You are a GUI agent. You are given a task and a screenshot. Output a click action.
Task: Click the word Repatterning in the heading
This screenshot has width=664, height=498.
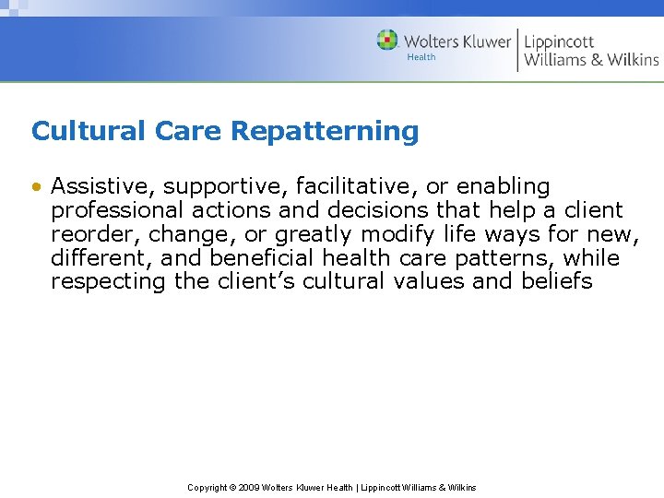click(325, 132)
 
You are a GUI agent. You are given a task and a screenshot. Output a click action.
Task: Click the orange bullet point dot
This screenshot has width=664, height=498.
click(36, 187)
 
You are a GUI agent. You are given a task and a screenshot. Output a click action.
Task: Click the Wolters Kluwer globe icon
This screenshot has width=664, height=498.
click(387, 41)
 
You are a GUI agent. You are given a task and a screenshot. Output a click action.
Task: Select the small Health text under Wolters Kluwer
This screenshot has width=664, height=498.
click(421, 58)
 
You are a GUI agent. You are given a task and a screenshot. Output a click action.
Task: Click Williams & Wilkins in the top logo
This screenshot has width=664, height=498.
click(591, 60)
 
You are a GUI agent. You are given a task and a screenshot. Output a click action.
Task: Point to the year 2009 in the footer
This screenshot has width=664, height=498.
click(249, 488)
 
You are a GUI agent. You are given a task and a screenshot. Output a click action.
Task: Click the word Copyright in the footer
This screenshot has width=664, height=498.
click(207, 488)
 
